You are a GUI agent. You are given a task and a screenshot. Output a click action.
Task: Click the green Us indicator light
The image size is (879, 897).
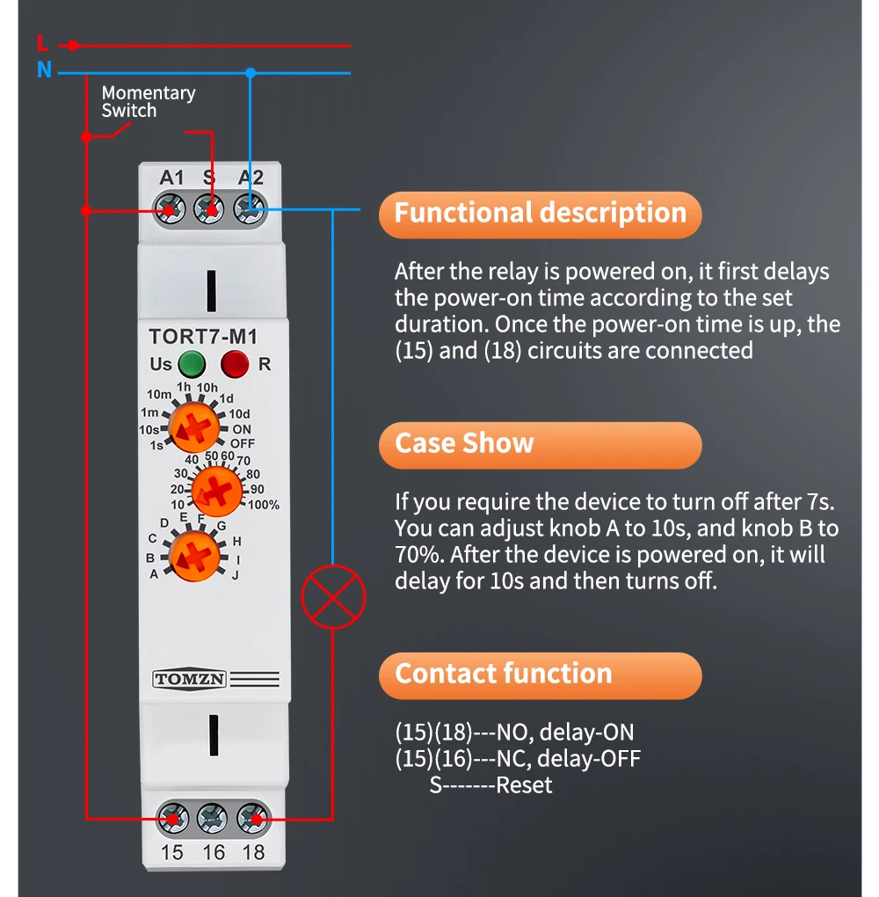(191, 363)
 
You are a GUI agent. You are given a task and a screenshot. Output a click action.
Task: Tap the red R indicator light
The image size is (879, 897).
(235, 363)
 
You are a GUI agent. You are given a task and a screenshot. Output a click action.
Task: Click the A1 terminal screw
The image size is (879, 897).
(170, 210)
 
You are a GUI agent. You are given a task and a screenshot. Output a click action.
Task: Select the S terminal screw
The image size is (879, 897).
(209, 210)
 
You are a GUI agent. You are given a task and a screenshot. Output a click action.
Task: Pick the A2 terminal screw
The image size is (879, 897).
(250, 210)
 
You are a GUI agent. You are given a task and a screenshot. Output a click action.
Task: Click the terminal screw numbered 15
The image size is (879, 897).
(172, 820)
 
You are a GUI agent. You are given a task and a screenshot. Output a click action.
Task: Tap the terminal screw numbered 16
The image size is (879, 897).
(213, 820)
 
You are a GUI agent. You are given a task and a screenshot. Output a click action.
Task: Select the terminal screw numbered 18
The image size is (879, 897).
(253, 820)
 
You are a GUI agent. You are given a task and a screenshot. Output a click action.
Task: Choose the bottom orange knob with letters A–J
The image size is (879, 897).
(195, 556)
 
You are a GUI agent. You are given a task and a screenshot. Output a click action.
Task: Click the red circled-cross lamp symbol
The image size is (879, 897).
(332, 597)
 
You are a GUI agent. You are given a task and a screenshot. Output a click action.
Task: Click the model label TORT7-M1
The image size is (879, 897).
(202, 336)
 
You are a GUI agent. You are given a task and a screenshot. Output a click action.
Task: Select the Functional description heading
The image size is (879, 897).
(540, 214)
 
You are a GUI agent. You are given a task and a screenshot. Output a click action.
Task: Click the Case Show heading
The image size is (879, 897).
(464, 443)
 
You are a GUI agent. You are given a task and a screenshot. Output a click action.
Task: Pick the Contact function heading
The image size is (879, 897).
(503, 674)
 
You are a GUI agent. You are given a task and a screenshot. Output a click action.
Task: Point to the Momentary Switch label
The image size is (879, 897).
(148, 102)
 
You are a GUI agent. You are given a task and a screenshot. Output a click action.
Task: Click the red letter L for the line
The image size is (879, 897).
(43, 43)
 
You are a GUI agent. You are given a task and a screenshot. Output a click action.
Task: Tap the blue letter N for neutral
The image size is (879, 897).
(44, 70)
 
